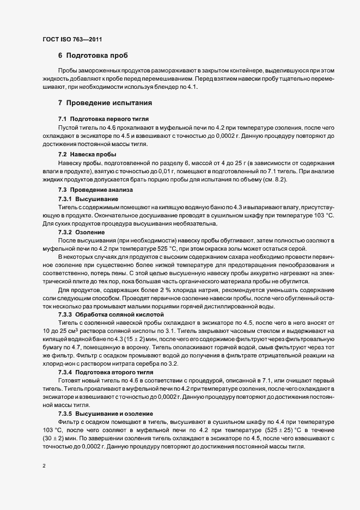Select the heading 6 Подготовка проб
pyautogui.click(x=93, y=56)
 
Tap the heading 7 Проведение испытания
pyautogui.click(x=101, y=102)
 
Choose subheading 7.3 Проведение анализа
pyautogui.click(x=91, y=190)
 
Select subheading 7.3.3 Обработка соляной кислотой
pyautogui.click(x=107, y=315)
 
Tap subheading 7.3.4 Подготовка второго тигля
pyautogui.click(x=107, y=371)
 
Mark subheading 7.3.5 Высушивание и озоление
pyautogui.click(x=106, y=414)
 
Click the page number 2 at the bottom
pyautogui.click(x=44, y=466)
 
